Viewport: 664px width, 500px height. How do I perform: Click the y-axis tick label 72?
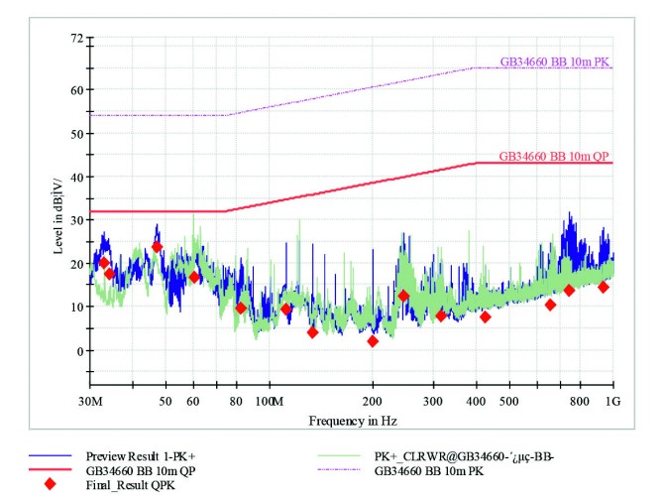[74, 38]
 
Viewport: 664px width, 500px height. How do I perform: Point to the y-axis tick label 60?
[74, 89]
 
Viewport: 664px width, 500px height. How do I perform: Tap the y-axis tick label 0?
[78, 351]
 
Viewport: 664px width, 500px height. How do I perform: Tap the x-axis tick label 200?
[373, 401]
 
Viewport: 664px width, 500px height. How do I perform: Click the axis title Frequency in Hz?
[352, 421]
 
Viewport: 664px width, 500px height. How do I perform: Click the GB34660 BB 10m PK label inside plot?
[555, 62]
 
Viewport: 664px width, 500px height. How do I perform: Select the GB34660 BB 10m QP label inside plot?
[554, 156]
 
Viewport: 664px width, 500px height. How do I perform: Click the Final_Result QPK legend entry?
[131, 485]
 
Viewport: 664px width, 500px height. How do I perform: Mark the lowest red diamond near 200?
[373, 341]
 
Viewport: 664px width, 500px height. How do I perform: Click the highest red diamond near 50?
[157, 247]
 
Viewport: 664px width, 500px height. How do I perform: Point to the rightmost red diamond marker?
[603, 287]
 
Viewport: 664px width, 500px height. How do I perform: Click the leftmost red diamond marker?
[103, 263]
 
